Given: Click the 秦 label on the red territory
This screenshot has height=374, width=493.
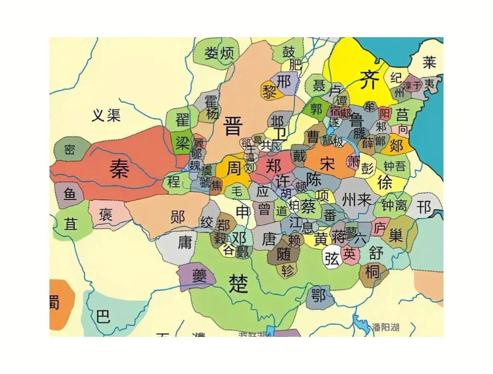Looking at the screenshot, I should (x=119, y=169).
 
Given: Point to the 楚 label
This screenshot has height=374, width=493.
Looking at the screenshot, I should (x=238, y=283).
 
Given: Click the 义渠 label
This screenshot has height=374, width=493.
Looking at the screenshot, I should (x=106, y=115).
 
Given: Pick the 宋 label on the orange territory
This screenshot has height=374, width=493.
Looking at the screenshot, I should (x=327, y=164).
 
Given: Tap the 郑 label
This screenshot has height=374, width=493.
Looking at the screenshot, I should (x=273, y=166).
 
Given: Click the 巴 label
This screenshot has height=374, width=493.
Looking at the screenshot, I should (x=103, y=316).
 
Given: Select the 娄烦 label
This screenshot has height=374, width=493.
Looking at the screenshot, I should (x=220, y=53).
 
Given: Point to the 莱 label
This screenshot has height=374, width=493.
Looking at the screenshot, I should (x=429, y=63).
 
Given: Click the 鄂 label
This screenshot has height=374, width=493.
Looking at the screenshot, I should (x=318, y=295).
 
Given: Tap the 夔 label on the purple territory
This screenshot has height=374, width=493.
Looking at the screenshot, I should (x=199, y=275).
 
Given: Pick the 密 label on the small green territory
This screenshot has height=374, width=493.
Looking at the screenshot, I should (x=70, y=150).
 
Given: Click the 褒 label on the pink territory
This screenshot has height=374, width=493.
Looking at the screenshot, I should (x=106, y=213).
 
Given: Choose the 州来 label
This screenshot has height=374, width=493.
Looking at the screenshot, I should (x=356, y=199).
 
